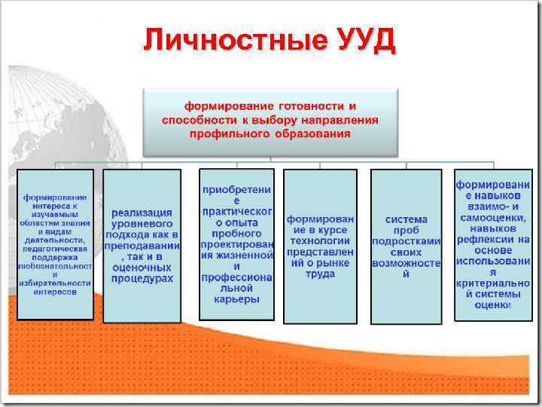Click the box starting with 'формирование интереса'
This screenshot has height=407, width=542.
coord(55,244)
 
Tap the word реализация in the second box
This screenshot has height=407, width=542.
coord(142,213)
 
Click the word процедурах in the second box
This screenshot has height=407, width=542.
coord(142,278)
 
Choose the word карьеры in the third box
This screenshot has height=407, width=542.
coord(236,298)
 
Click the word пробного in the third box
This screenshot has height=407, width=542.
coord(236,234)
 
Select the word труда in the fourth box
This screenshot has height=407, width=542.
coord(320,274)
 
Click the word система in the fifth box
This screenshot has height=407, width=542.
coord(406,219)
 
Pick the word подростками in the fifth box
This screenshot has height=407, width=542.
coord(406,241)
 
